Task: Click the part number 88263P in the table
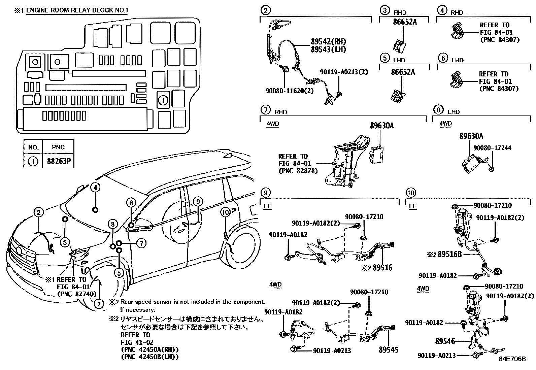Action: click(x=58, y=162)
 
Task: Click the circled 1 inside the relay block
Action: click(x=163, y=100)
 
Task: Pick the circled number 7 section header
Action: click(x=266, y=110)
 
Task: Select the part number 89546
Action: click(x=445, y=341)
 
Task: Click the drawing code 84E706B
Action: click(x=512, y=359)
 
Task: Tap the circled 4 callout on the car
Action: click(x=95, y=188)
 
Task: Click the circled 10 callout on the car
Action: click(x=225, y=212)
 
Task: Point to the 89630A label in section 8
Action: click(x=471, y=136)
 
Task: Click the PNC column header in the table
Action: click(x=58, y=147)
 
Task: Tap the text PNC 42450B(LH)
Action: click(x=149, y=357)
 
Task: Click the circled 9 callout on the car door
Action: click(x=198, y=202)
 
